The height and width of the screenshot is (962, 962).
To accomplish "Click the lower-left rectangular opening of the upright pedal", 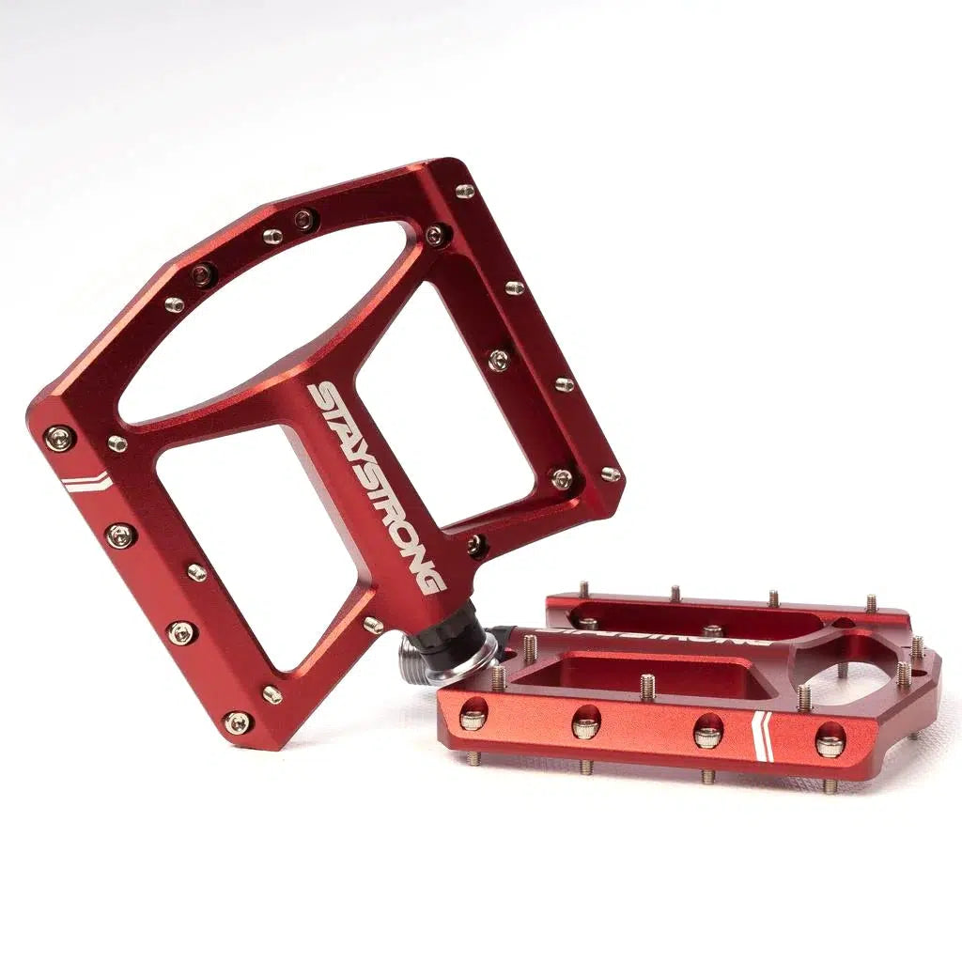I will [256, 545].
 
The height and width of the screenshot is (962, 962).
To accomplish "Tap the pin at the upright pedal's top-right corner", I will [465, 191].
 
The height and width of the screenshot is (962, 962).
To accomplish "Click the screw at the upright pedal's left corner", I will [59, 437].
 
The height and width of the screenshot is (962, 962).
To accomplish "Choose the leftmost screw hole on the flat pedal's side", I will [473, 719].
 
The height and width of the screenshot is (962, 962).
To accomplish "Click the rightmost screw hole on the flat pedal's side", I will [829, 743].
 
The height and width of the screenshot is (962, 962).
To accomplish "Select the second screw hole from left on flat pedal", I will [585, 724].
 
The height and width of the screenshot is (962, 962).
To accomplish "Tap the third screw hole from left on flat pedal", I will [707, 734].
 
